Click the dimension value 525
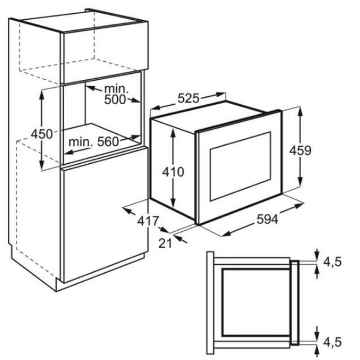coord(188,98)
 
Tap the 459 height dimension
coord(300,151)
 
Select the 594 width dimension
coord(267,219)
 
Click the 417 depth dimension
coord(148,221)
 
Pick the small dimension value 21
coord(166,243)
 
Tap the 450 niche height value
coord(41,134)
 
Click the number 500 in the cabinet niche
coord(116,100)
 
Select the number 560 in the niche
coord(108,142)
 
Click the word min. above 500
coord(116,88)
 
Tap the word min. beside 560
coord(81,142)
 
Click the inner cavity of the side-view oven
coord(252,301)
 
